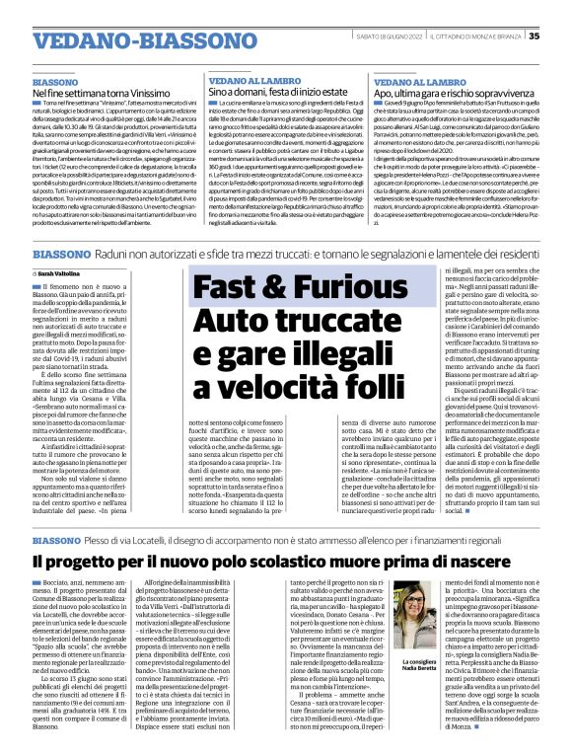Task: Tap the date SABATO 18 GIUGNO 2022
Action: [x=393, y=10]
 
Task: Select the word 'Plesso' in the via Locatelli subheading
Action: [x=101, y=542]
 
